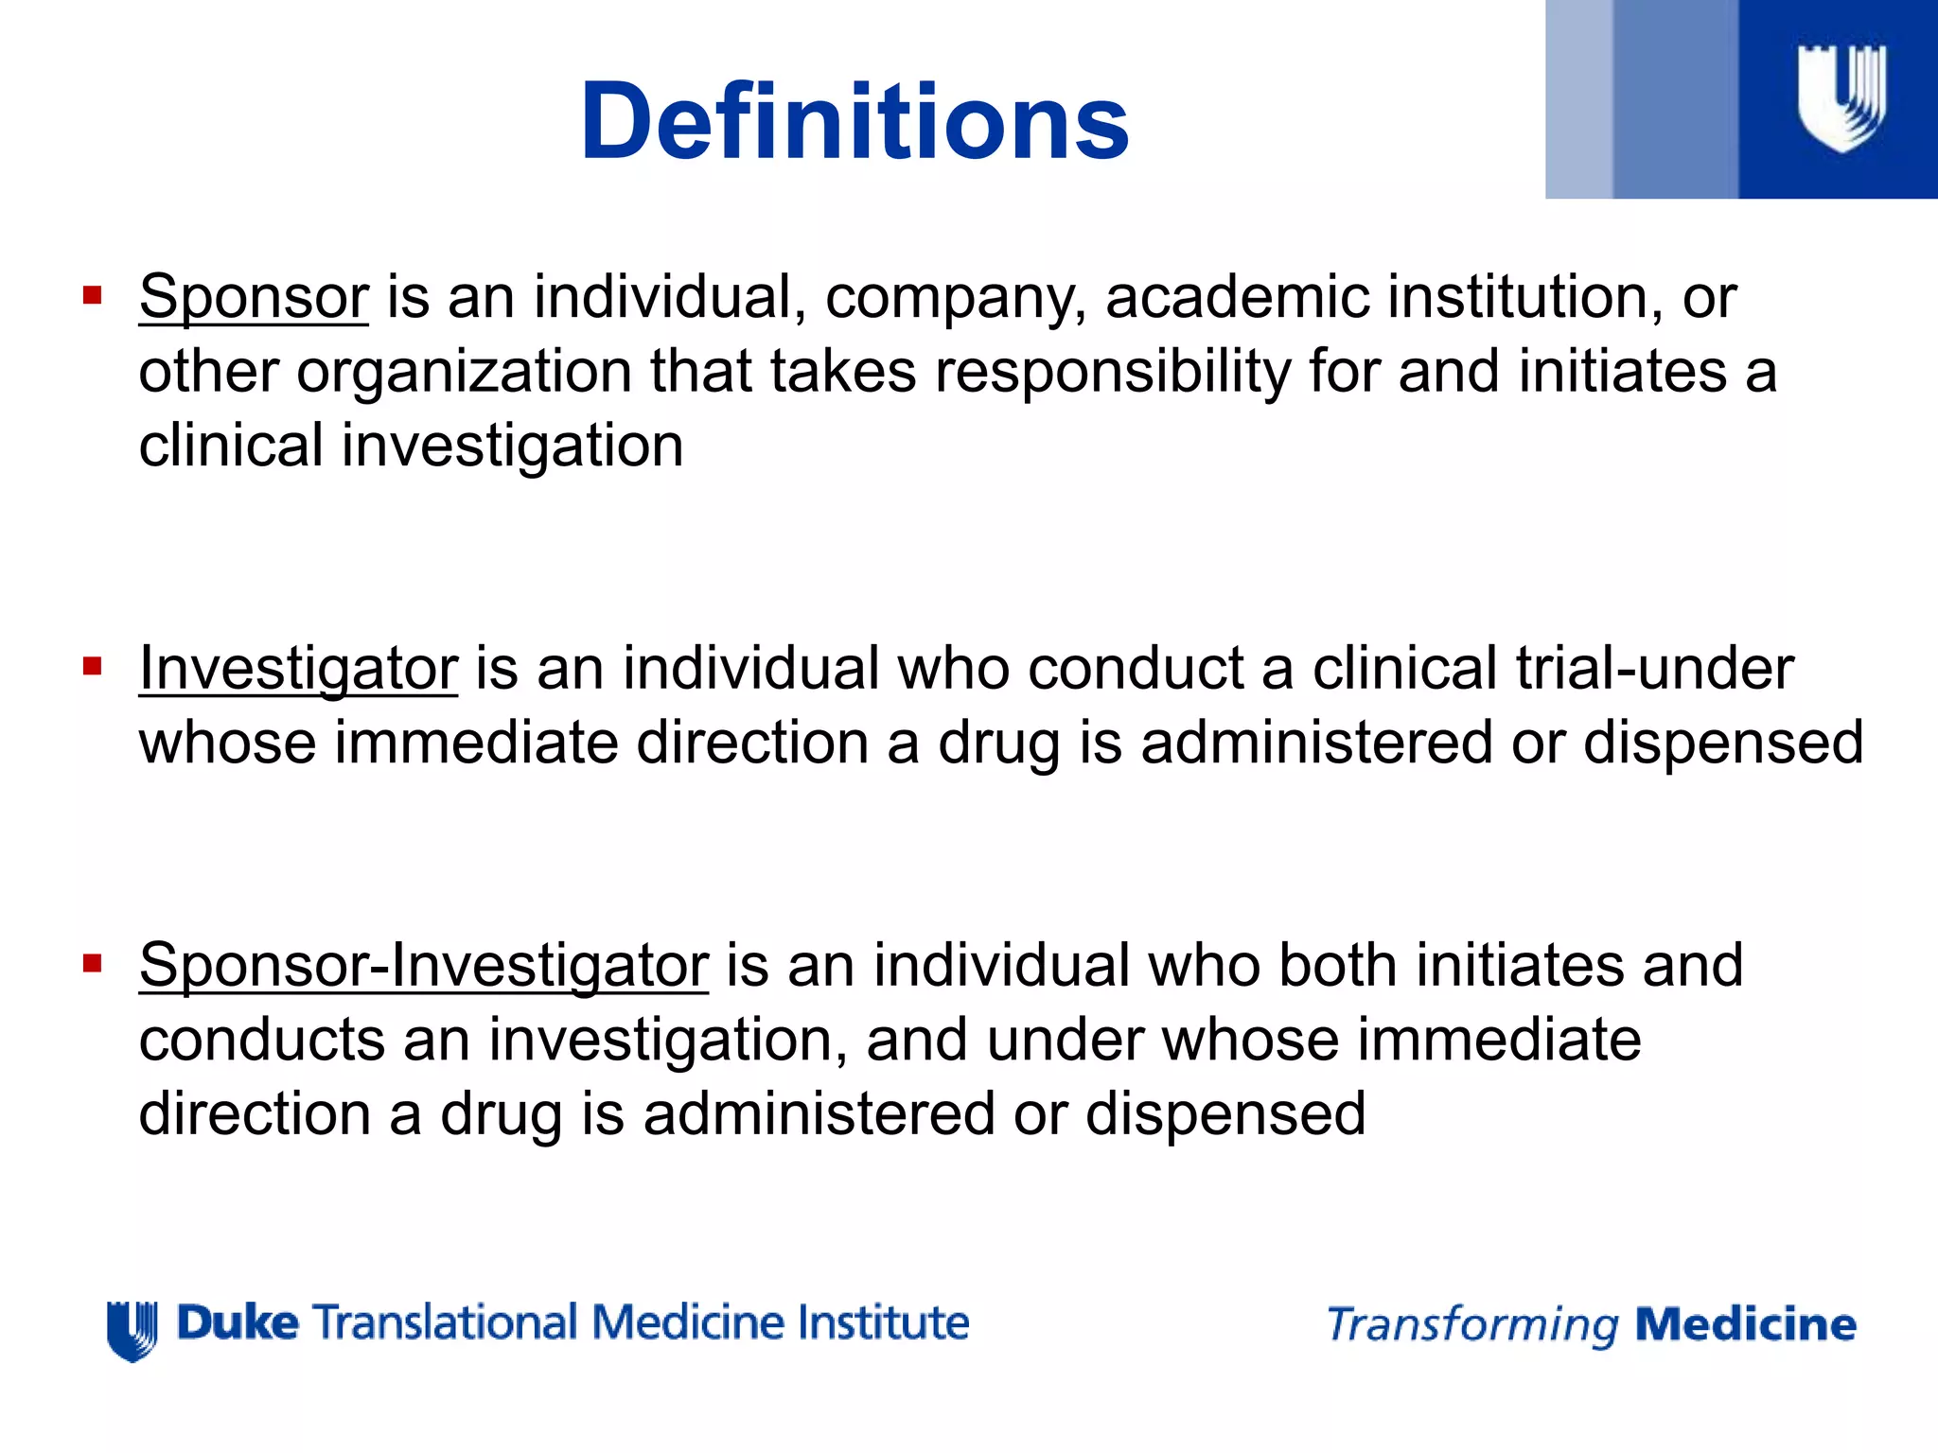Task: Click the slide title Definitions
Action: pyautogui.click(x=854, y=123)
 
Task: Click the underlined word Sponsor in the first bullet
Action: pyautogui.click(x=254, y=298)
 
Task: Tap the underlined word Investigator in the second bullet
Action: pyautogui.click(x=298, y=670)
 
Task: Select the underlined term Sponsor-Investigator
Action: pyautogui.click(x=423, y=967)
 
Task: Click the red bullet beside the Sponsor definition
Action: pyautogui.click(x=92, y=296)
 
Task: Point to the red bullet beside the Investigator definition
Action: pyautogui.click(x=92, y=668)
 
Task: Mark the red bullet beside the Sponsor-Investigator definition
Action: pyautogui.click(x=92, y=964)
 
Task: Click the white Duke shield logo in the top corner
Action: pyautogui.click(x=1841, y=98)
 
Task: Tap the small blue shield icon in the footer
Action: pyautogui.click(x=132, y=1330)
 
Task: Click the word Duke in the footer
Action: pyautogui.click(x=238, y=1322)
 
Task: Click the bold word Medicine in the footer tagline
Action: pyautogui.click(x=1746, y=1324)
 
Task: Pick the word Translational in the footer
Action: pyautogui.click(x=445, y=1322)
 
